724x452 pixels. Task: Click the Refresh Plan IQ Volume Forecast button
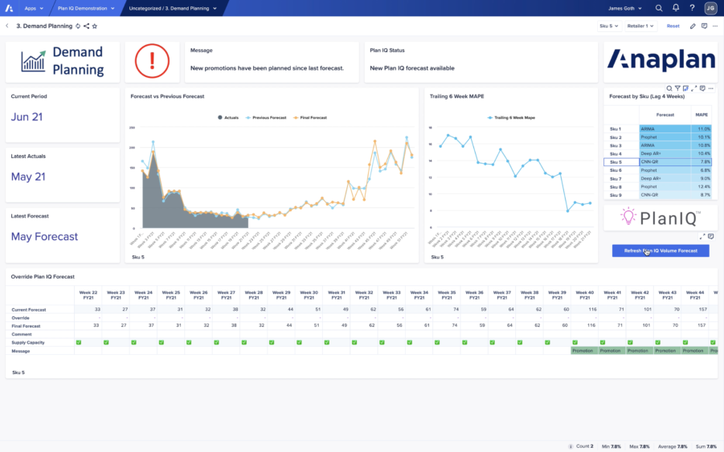[660, 250]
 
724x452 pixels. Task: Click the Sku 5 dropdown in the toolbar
[609, 26]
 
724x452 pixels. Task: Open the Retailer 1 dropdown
[640, 26]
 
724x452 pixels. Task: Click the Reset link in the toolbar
[673, 26]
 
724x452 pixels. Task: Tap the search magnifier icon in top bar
[659, 8]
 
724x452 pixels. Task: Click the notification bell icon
[676, 8]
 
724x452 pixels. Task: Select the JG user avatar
[710, 8]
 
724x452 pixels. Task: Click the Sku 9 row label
[616, 195]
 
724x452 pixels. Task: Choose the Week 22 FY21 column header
[90, 295]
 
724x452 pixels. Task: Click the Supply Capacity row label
[27, 343]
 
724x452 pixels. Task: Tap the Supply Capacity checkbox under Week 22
[79, 343]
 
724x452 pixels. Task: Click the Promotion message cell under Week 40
[584, 351]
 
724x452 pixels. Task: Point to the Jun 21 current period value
[27, 117]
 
